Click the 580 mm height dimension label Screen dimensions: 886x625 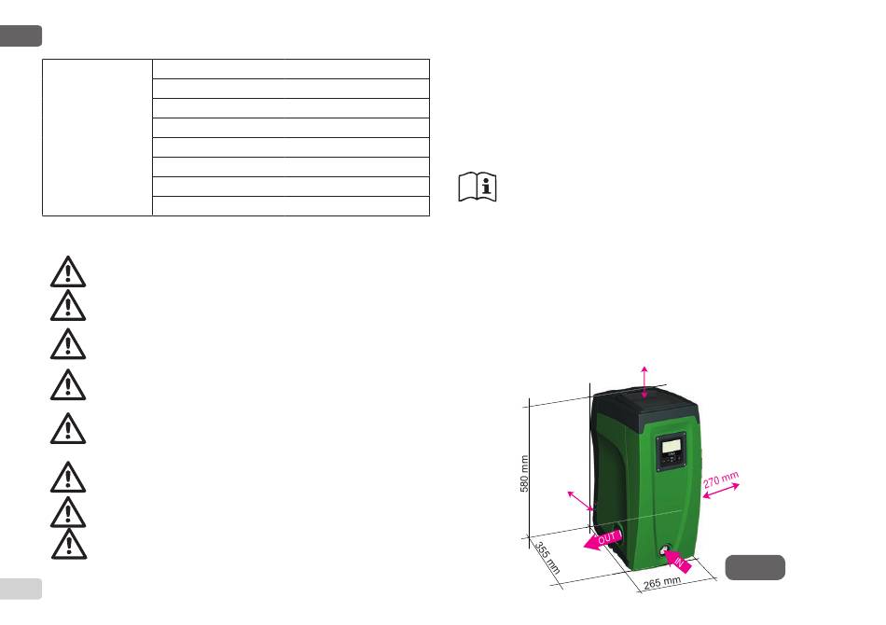[x=524, y=474]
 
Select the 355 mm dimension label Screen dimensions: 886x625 [x=547, y=558]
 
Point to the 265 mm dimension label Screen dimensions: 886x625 [x=662, y=583]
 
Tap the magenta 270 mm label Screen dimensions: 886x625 [x=720, y=479]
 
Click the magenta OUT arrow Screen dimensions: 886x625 [x=603, y=539]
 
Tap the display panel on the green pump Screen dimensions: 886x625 [x=671, y=452]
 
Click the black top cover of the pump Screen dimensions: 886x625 [x=645, y=406]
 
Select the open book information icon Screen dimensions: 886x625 [x=478, y=187]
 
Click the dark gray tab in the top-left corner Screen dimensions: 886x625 [x=21, y=35]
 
